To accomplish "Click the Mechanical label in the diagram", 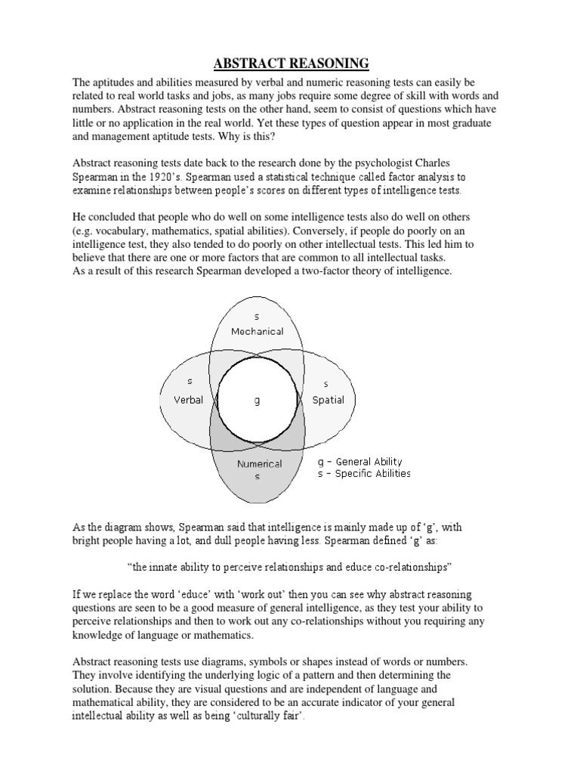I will [257, 331].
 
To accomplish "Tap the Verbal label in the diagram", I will [189, 400].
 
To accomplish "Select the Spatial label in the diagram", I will [328, 400].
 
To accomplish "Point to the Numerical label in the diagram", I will [259, 464].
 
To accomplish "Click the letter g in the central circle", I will [257, 401].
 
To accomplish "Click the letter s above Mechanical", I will [257, 317].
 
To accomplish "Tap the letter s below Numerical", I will [257, 477].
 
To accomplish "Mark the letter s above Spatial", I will [325, 385].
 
